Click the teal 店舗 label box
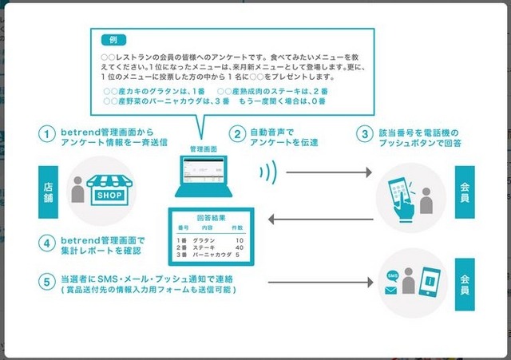click(47, 191)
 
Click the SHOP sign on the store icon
click(109, 194)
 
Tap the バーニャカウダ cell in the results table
click(212, 255)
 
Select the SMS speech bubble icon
click(393, 275)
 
